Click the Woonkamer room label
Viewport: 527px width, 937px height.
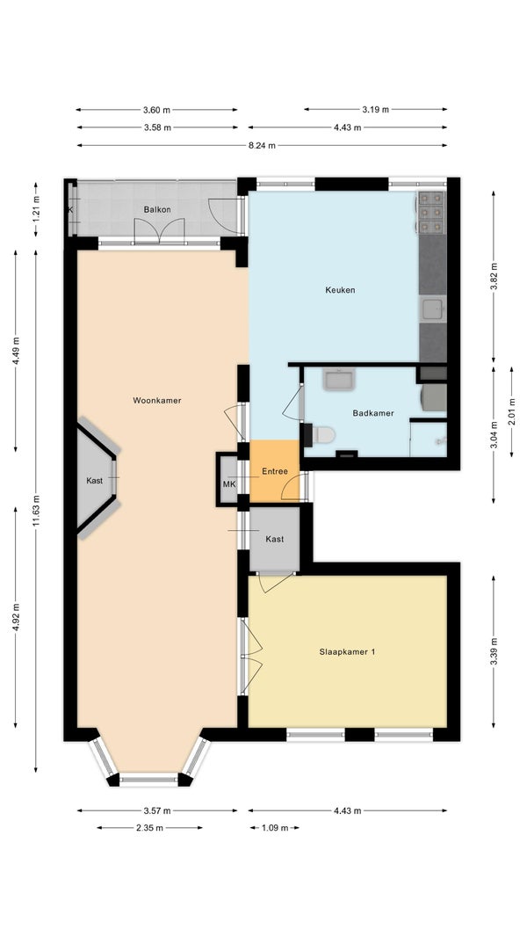coord(157,400)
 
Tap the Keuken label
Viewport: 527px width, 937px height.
coord(340,290)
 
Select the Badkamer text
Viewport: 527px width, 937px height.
coord(373,413)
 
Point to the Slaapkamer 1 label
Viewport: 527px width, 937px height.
coord(347,652)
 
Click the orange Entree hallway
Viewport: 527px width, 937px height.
coord(275,471)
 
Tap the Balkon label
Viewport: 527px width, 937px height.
coord(157,209)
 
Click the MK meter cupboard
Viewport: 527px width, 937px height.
coord(229,483)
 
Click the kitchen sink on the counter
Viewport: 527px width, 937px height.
coord(433,309)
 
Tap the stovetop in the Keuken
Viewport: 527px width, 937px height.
coord(431,212)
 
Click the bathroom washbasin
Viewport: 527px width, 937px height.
coord(339,380)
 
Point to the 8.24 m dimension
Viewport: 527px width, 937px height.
coord(262,145)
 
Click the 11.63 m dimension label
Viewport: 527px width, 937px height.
coord(36,511)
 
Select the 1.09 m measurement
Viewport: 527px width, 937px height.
coord(275,828)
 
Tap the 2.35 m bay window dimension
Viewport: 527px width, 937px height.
coord(150,828)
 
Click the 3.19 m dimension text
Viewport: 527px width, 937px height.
coord(375,109)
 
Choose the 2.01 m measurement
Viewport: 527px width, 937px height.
coord(511,410)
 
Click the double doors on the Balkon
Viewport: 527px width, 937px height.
coord(159,230)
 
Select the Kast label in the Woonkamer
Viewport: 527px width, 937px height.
coord(94,481)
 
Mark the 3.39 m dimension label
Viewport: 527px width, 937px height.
coord(494,652)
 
